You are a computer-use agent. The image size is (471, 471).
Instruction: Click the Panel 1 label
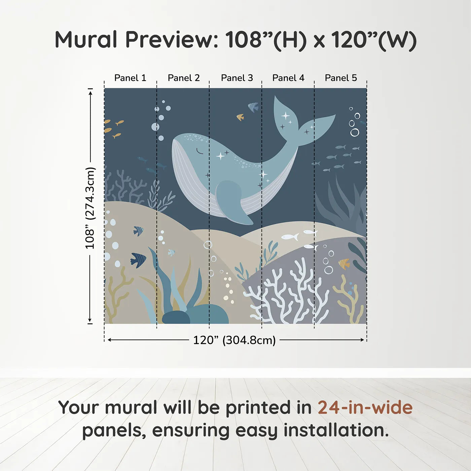pos(130,78)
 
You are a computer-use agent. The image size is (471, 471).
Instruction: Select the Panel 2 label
pos(184,78)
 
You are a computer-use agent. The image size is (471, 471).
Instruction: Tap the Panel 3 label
pos(237,78)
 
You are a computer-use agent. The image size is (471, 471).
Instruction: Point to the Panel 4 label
pos(288,78)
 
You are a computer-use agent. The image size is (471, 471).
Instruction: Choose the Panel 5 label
pos(341,78)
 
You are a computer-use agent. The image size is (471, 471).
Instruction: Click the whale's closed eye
pos(200,151)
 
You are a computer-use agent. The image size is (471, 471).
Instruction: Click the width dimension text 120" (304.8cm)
pos(234,340)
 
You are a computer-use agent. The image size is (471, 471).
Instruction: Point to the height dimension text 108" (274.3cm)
pos(90,208)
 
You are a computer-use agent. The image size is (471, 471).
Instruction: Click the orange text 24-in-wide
pos(365,408)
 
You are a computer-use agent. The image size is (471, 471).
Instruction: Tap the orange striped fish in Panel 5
pos(344,263)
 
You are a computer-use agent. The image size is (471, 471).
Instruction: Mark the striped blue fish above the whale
pos(253,107)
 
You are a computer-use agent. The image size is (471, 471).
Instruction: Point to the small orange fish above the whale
pos(240,117)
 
